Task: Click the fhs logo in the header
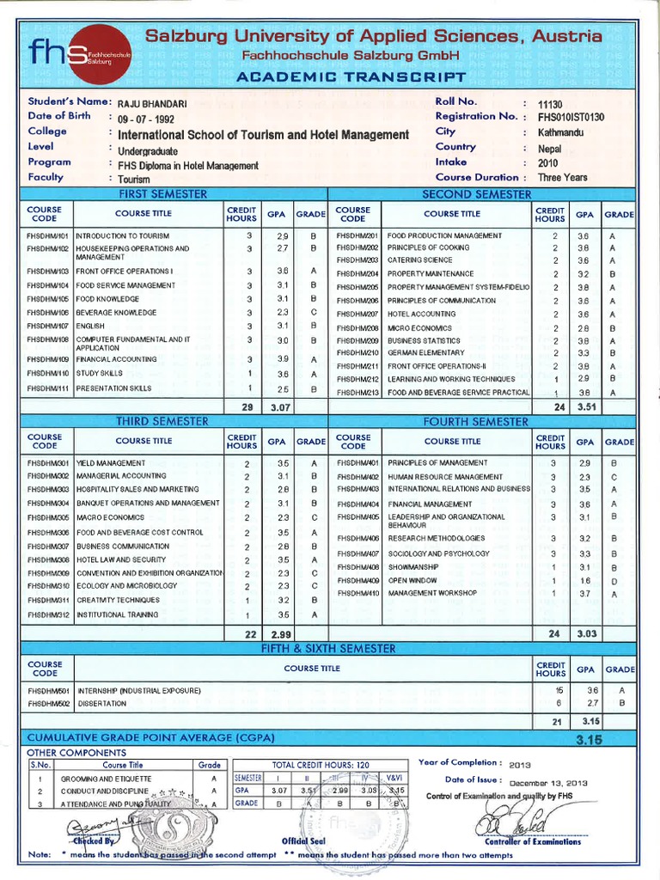click(x=78, y=55)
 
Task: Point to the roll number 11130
click(x=549, y=103)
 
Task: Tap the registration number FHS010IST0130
click(x=571, y=118)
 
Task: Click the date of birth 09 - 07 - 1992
click(x=151, y=119)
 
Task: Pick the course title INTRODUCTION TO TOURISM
click(x=123, y=235)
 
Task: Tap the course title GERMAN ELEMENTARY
click(x=427, y=352)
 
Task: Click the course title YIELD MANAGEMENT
click(x=111, y=462)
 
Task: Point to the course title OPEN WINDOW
click(x=413, y=580)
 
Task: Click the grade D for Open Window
click(x=614, y=581)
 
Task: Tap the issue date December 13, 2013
click(x=548, y=783)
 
